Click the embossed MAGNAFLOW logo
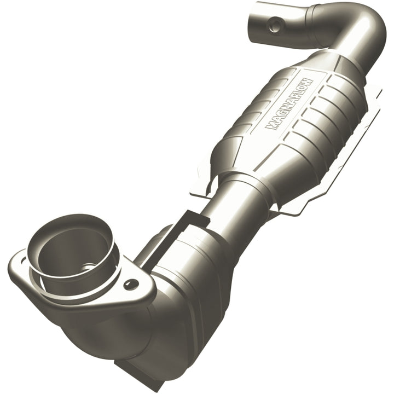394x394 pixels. [x=288, y=103]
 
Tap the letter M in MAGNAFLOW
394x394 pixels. [x=270, y=126]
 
